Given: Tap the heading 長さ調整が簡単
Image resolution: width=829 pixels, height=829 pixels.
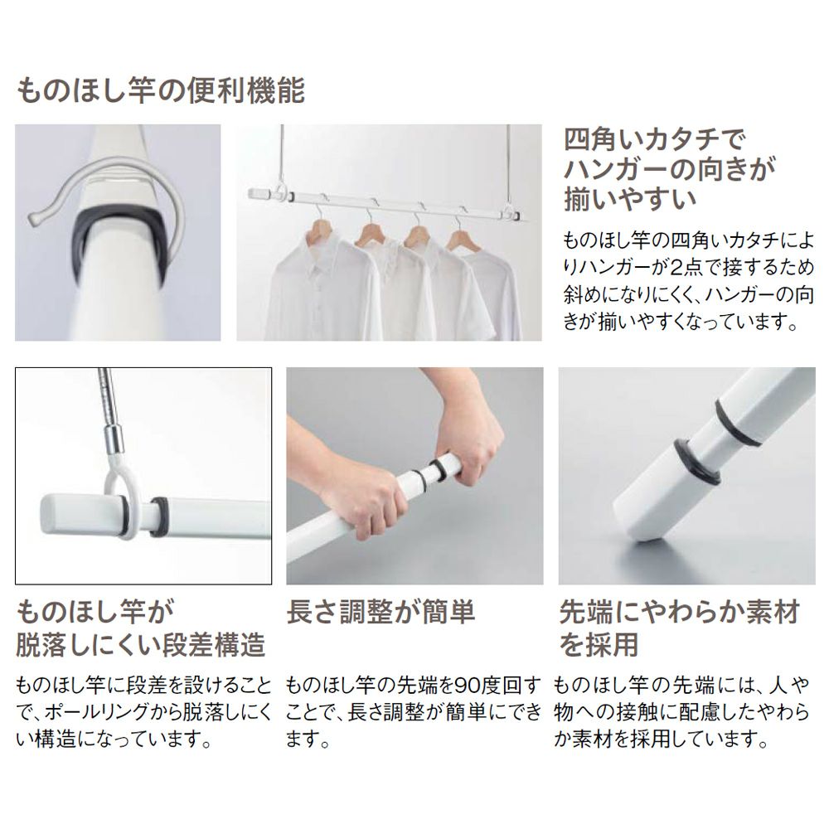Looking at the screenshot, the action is pos(381,613).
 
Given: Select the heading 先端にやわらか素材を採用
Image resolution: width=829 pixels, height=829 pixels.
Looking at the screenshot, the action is pos(679,628).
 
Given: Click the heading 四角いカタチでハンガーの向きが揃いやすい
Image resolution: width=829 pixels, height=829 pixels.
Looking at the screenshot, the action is pos(669,169).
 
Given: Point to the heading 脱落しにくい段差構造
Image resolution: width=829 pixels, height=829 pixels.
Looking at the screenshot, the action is pos(141,645).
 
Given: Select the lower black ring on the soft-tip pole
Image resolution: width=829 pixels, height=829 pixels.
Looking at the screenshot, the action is pos(697,461).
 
